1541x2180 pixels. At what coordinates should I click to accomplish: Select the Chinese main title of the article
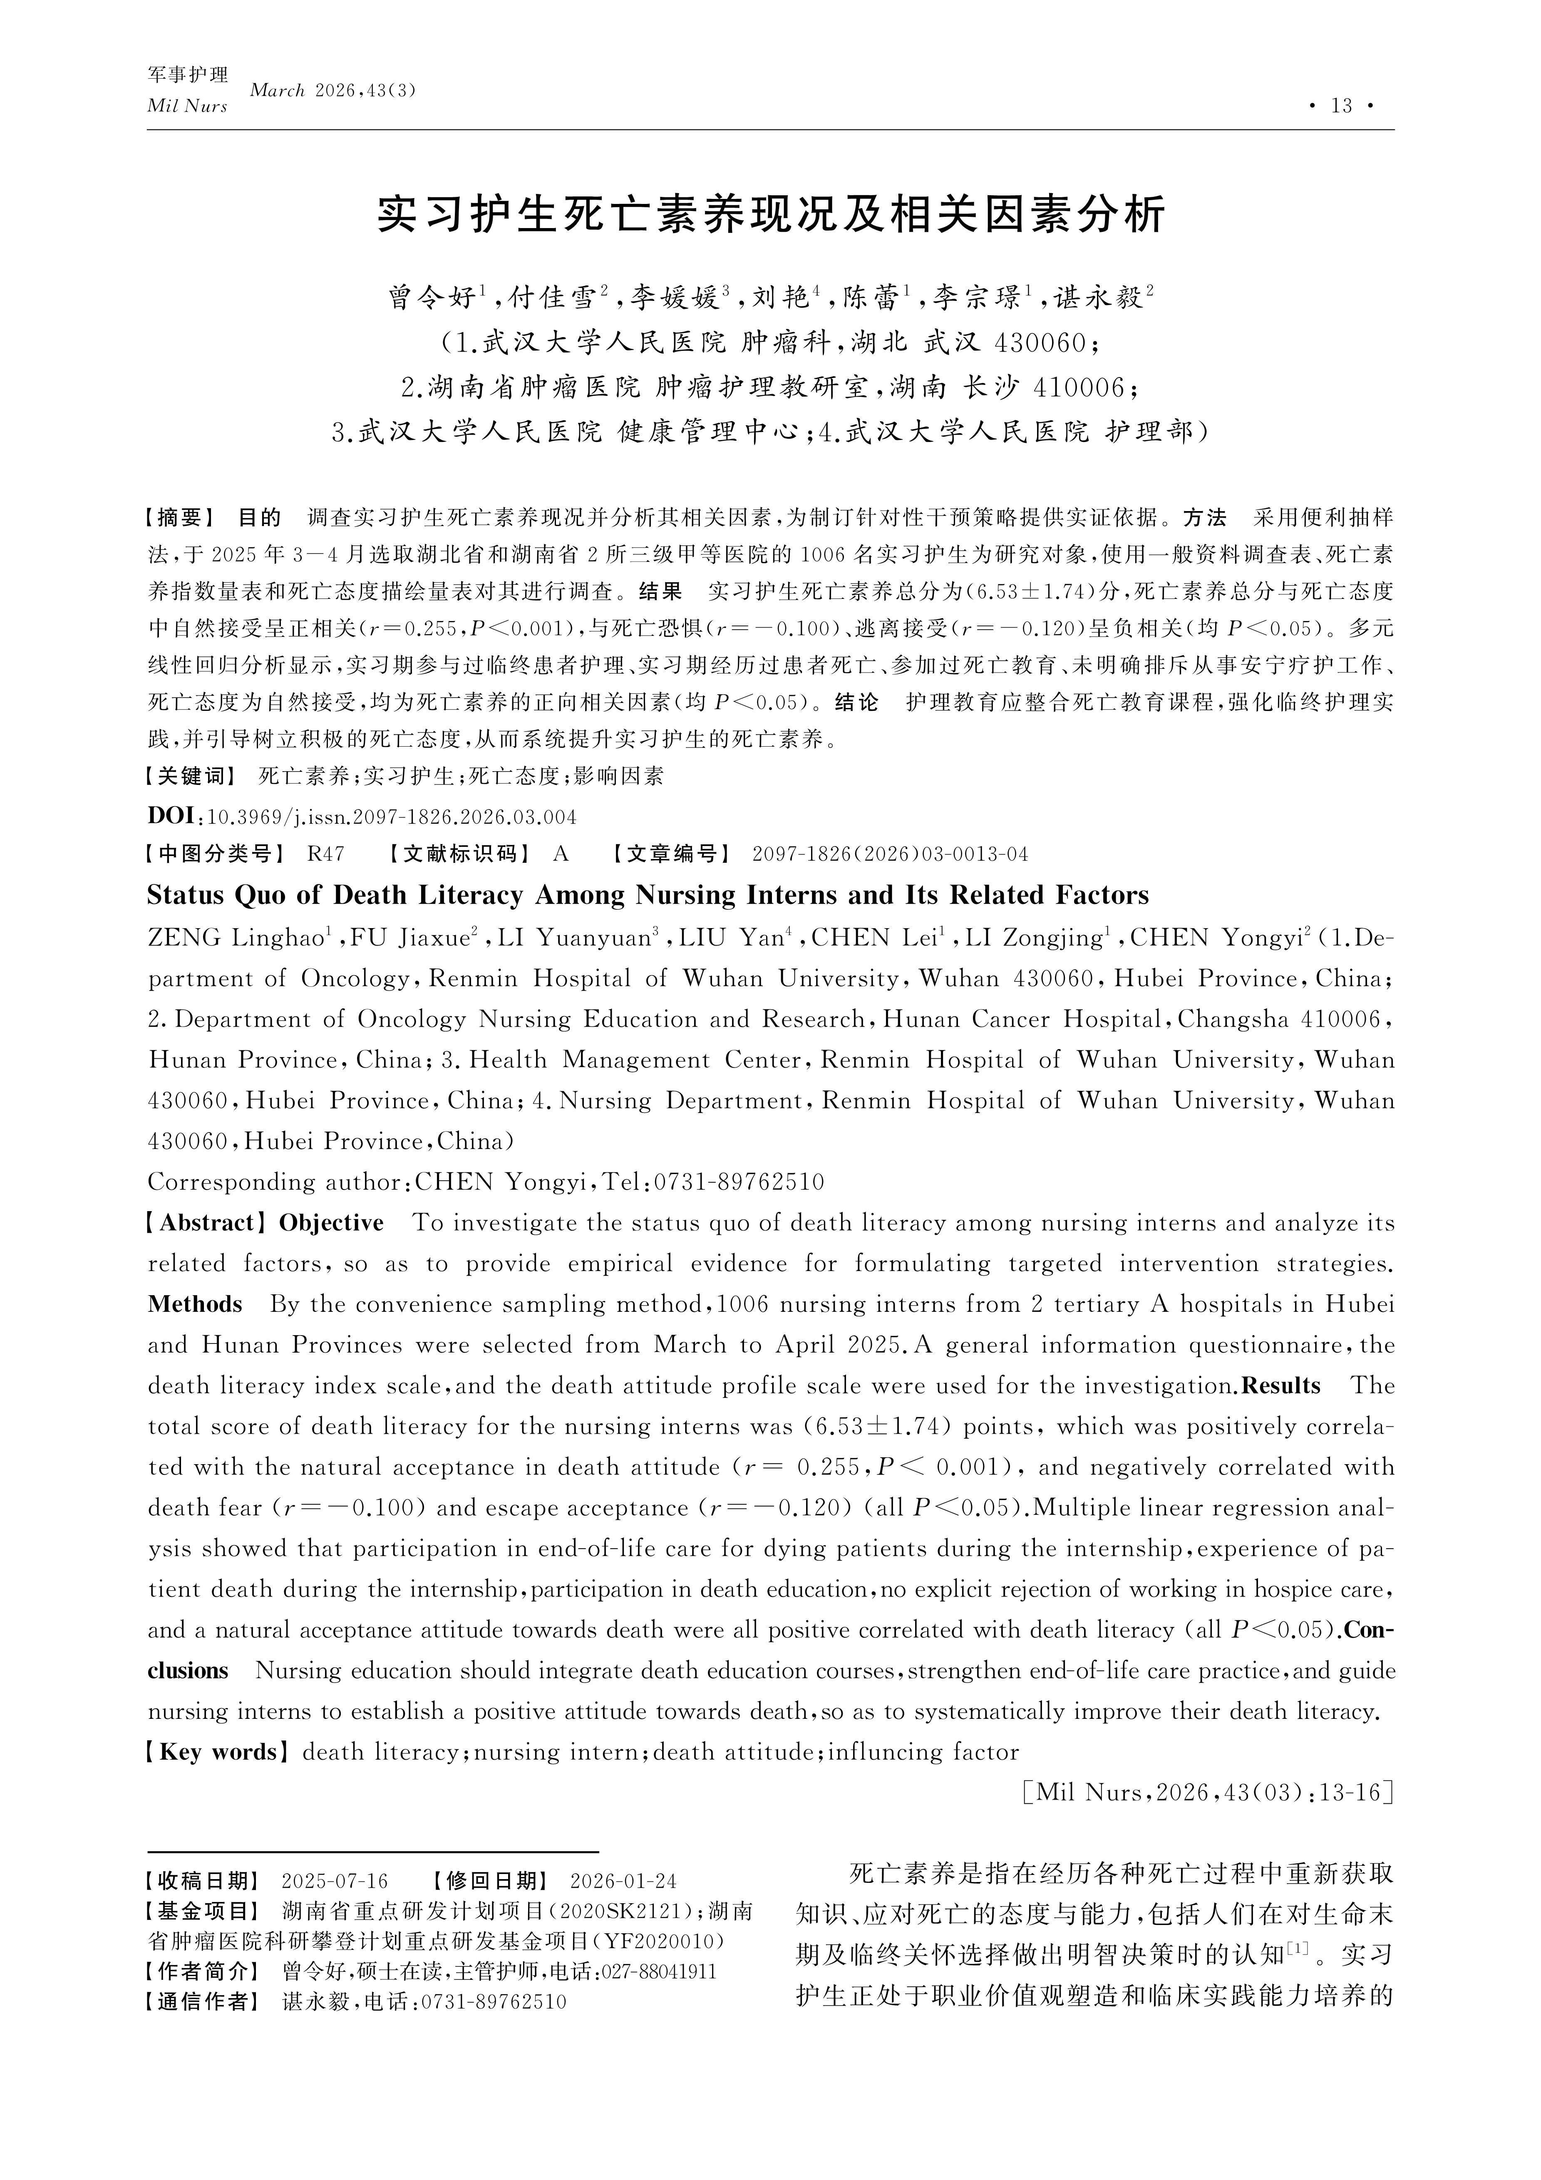click(x=770, y=215)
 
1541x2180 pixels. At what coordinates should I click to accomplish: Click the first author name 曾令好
click(x=432, y=298)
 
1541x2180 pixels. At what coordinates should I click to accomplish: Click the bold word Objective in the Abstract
click(x=331, y=1223)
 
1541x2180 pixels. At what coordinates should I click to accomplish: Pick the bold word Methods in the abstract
click(x=195, y=1305)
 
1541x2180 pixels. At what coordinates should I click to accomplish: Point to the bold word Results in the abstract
click(x=1281, y=1385)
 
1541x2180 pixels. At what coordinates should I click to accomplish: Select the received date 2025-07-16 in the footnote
click(x=335, y=1881)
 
